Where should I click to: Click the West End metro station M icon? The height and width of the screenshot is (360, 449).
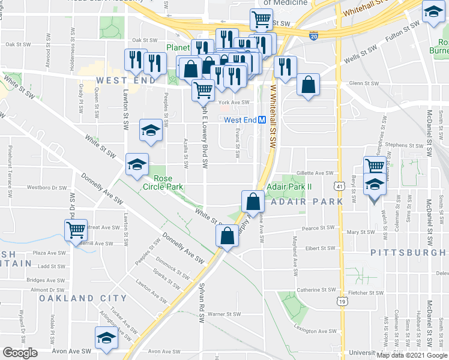pos(262,120)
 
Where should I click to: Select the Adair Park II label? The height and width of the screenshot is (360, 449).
pos(289,187)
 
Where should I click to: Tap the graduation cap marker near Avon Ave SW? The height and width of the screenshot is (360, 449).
pos(107,338)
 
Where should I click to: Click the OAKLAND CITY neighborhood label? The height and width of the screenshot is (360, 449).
pos(83,298)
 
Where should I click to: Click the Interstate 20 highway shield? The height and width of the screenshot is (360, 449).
pos(315,37)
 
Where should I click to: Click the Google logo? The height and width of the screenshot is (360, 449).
pos(20,353)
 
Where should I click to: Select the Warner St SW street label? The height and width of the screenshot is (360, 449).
pos(224,314)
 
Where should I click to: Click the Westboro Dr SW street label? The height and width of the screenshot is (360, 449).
pos(47,188)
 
